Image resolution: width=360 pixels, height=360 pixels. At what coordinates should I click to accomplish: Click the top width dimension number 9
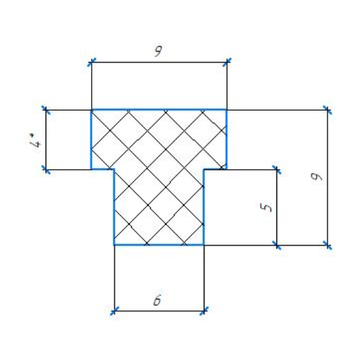coord(158,51)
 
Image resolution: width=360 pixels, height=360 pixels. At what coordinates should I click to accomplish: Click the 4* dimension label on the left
coord(35,140)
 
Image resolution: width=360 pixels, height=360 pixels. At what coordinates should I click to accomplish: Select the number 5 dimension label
coord(266,208)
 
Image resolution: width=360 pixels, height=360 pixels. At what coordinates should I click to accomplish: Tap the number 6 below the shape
coord(157,300)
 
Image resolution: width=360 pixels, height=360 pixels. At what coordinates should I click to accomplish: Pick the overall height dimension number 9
coord(317,177)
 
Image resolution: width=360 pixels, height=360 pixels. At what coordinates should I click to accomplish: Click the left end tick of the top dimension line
coord(92,62)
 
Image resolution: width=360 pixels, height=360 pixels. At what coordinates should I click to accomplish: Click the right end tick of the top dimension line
coord(227,62)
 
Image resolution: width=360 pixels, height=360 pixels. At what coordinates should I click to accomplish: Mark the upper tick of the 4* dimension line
coord(46,110)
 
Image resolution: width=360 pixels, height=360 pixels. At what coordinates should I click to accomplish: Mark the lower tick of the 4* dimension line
coord(46,170)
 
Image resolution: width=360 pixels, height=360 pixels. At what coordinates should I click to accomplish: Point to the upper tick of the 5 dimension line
coord(277,170)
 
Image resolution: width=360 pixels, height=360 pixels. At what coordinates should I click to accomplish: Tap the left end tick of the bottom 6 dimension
coord(114,311)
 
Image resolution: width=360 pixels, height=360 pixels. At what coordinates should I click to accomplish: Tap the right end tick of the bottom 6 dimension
coord(204,311)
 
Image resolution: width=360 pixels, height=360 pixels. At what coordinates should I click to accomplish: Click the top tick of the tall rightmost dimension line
coord(327,110)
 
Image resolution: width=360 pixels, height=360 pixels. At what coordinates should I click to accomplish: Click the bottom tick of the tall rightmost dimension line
coord(327,245)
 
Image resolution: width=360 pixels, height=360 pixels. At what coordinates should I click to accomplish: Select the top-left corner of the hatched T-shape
coord(92,110)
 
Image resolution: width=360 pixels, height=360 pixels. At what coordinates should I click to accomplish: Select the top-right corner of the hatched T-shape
coord(227,110)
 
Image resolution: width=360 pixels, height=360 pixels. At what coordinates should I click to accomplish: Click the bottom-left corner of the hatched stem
coord(114,245)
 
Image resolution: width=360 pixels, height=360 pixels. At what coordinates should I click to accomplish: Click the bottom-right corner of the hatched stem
coord(204,245)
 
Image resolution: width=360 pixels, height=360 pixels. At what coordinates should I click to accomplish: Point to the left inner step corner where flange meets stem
coord(114,169)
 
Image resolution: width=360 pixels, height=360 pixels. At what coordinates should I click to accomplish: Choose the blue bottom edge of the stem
coord(159,245)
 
